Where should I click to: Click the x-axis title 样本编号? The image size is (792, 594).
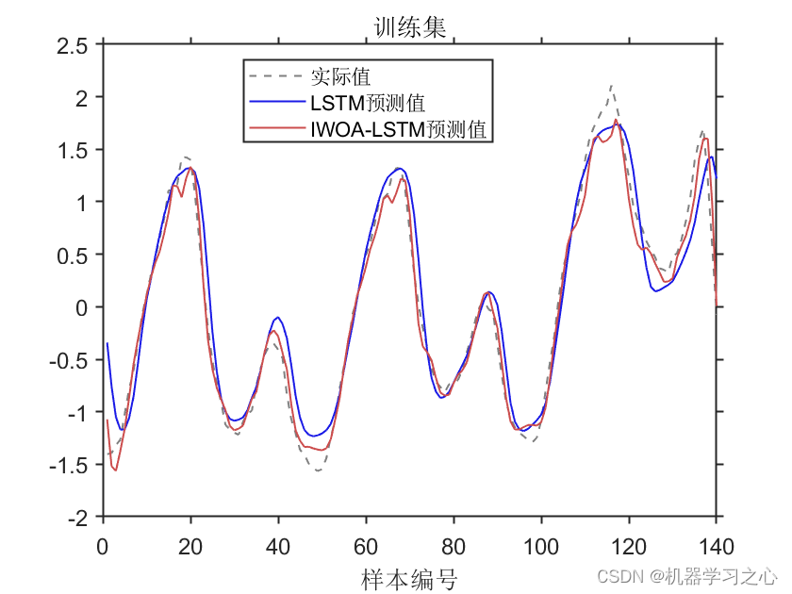coord(408,577)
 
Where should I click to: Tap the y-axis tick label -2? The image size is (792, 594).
coord(79,518)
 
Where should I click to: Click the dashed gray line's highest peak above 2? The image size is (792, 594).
coord(612,85)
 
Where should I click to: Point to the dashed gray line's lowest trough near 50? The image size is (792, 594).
coord(319,470)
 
